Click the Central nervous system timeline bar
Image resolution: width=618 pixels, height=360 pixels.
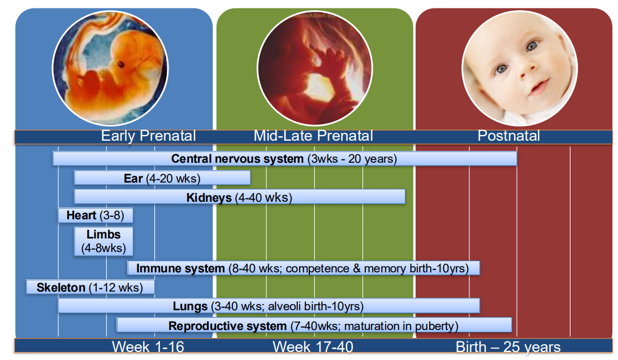(284, 159)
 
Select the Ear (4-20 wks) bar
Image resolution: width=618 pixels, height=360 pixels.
(162, 179)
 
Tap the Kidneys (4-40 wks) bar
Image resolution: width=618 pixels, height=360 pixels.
(239, 197)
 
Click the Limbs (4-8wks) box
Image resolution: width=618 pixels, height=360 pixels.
(103, 241)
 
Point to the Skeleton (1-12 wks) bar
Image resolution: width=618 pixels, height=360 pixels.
(90, 287)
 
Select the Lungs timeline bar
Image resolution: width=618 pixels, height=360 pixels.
(269, 306)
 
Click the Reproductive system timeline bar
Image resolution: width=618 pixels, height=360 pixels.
(313, 326)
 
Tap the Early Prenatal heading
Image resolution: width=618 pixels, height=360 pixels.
(148, 136)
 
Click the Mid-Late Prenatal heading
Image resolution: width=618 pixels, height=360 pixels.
(313, 136)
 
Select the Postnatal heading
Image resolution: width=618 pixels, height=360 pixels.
(508, 136)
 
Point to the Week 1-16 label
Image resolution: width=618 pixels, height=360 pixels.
(148, 346)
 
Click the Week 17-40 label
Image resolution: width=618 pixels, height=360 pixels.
(313, 346)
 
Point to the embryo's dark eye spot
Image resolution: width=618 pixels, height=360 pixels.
(120, 65)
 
